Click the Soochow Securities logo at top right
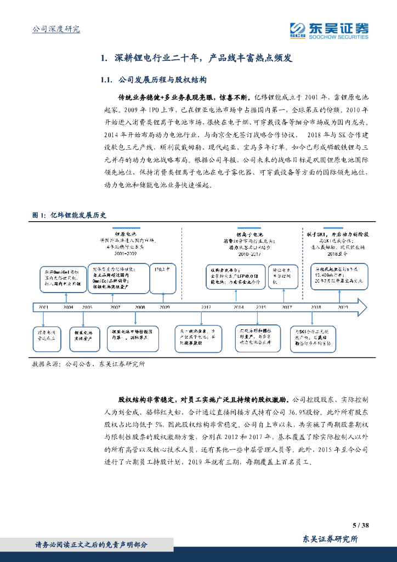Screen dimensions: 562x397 click(329, 30)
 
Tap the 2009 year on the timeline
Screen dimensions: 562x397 click(164, 307)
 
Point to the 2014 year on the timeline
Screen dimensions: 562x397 click(239, 307)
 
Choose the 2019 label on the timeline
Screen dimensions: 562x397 click(343, 307)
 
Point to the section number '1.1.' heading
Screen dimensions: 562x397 click(107, 80)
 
